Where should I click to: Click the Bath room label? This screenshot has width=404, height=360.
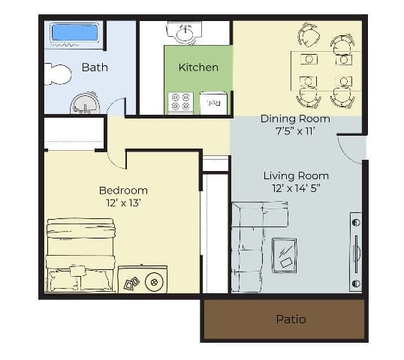(x=95, y=67)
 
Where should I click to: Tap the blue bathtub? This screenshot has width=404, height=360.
(x=74, y=33)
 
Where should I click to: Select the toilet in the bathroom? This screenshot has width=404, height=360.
(x=56, y=73)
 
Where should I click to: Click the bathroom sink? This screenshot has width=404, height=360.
(x=84, y=103)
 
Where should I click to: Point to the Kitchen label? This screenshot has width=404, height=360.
(x=198, y=67)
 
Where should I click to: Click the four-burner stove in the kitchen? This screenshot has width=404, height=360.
(x=181, y=102)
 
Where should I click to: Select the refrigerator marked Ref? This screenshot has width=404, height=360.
(x=213, y=103)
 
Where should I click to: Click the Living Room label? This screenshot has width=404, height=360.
(x=296, y=175)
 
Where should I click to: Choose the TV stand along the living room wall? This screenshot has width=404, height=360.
(x=356, y=251)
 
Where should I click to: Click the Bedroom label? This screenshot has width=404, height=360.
(x=123, y=190)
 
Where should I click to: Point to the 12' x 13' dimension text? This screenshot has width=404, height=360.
(x=123, y=203)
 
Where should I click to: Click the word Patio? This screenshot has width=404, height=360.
(x=291, y=319)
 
